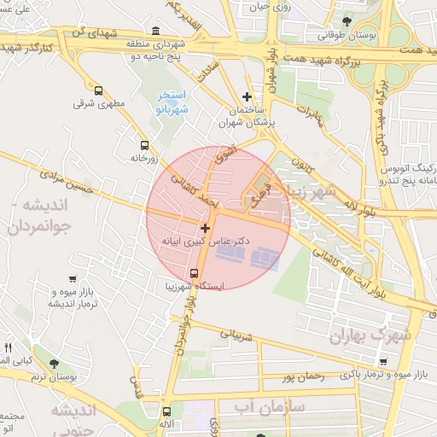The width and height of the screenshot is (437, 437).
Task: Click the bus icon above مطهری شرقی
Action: click(98, 90)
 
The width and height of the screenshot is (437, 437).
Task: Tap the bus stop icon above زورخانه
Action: click(143, 145)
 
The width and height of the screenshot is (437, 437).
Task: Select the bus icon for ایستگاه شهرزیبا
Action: click(195, 274)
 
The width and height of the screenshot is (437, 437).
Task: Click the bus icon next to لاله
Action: click(166, 411)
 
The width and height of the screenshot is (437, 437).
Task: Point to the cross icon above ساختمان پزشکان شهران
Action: click(247, 96)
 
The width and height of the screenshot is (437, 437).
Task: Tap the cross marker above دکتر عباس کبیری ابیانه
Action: click(204, 228)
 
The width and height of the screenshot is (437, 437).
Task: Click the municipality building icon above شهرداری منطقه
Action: click(154, 31)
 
